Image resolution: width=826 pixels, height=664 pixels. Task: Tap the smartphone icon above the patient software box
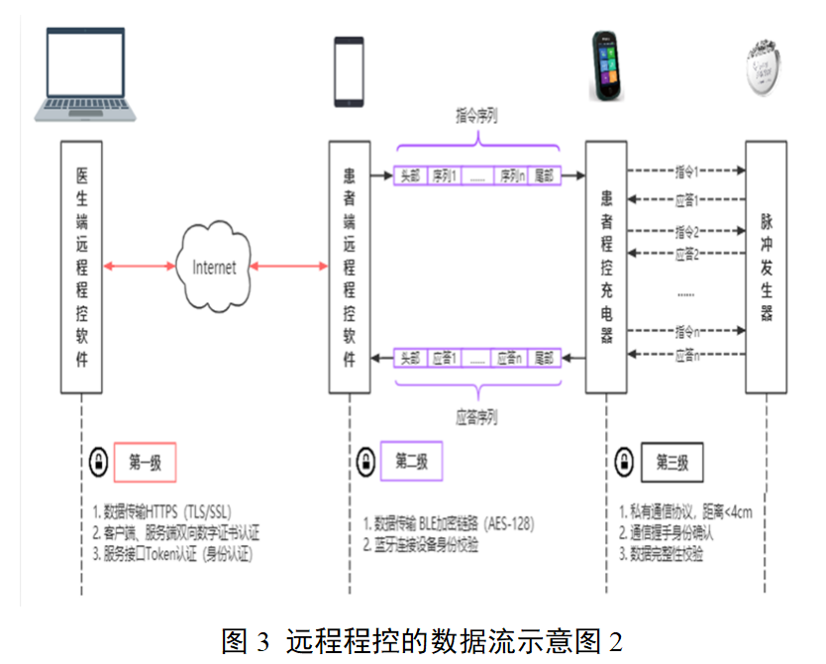pos(349,71)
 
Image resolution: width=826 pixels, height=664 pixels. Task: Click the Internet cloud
pos(214,266)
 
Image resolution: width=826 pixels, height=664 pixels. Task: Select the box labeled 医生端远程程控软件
pos(82,267)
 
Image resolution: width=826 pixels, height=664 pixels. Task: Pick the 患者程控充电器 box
pos(605,267)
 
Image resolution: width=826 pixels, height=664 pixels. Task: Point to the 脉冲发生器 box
pos(766,267)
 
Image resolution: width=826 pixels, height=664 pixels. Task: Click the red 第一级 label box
pos(145,461)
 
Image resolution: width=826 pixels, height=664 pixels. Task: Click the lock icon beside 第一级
pos(99,461)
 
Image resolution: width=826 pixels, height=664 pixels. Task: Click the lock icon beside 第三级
pos(624,462)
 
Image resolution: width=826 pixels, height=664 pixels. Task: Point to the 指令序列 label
pos(476,115)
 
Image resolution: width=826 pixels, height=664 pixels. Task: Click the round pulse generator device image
pos(770,68)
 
